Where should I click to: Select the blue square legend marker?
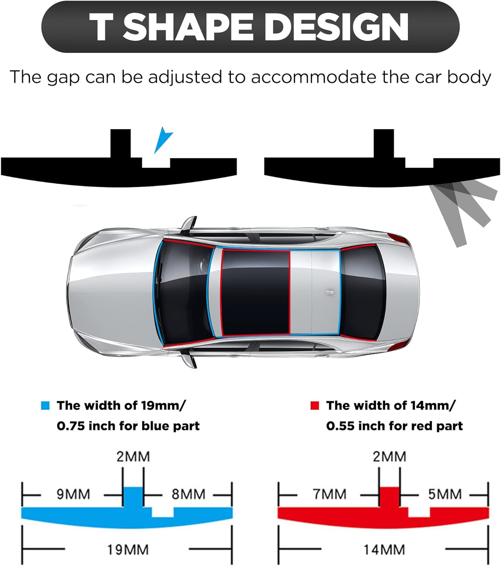(x=45, y=406)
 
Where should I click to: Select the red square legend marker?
(x=314, y=406)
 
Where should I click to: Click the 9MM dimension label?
(x=73, y=494)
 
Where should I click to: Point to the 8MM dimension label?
(x=188, y=494)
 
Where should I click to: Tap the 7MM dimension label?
(x=329, y=494)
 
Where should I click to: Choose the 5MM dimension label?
(x=445, y=494)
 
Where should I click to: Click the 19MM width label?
(x=128, y=549)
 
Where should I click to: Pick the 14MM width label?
(x=384, y=549)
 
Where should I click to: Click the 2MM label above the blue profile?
(x=133, y=457)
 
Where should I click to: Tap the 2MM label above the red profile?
(x=389, y=457)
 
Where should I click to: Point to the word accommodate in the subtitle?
(x=314, y=77)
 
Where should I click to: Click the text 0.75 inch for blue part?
(x=128, y=426)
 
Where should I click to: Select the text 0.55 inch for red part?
(x=394, y=426)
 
